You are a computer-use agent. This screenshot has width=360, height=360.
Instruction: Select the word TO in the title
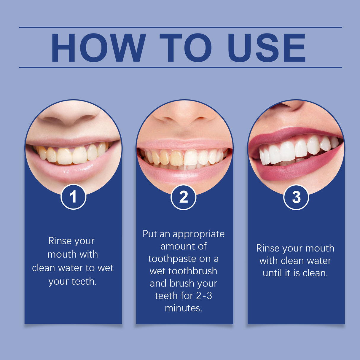tap(186, 48)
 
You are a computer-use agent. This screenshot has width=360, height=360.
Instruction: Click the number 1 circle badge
tap(73, 197)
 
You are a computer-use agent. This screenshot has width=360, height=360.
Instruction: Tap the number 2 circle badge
tap(184, 197)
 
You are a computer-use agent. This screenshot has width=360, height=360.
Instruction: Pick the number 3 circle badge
tap(296, 197)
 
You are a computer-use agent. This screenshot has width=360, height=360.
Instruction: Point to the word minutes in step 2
tap(183, 308)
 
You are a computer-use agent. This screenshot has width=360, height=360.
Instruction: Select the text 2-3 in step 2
tap(204, 296)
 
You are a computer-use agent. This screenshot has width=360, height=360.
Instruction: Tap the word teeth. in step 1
tap(84, 281)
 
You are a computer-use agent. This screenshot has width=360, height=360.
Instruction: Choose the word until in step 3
tap(273, 273)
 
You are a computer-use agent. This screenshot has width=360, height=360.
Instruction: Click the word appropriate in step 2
tap(198, 234)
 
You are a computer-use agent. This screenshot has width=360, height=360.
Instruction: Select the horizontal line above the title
tap(180, 27)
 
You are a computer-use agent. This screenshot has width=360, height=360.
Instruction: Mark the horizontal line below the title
tap(180, 68)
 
